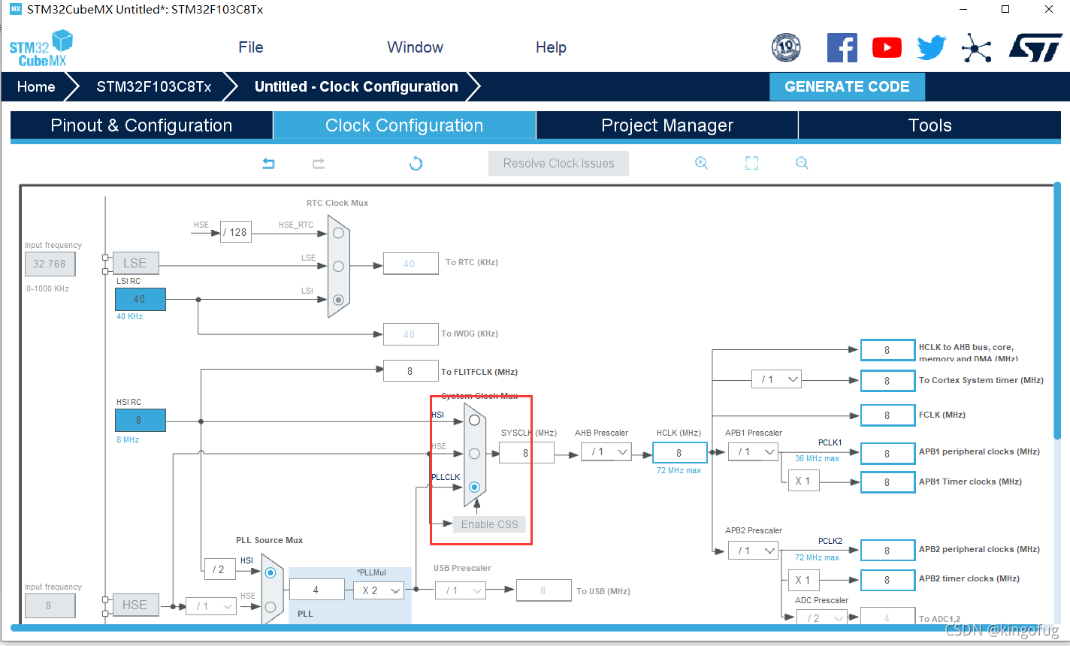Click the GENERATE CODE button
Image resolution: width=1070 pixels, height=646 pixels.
pyautogui.click(x=847, y=86)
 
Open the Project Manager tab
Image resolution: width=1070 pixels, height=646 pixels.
pyautogui.click(x=666, y=125)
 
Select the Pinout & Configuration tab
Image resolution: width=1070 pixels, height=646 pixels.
pyautogui.click(x=141, y=125)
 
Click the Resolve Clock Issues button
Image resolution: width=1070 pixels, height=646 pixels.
pyautogui.click(x=558, y=163)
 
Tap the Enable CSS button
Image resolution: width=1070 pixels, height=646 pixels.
pyautogui.click(x=489, y=524)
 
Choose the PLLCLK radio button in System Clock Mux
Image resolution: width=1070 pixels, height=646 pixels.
pyautogui.click(x=474, y=488)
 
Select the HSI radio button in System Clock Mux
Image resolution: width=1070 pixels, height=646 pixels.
pyautogui.click(x=474, y=420)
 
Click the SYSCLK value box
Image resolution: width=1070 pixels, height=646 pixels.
pyautogui.click(x=526, y=452)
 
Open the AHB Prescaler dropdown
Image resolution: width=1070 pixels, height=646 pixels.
pyautogui.click(x=606, y=451)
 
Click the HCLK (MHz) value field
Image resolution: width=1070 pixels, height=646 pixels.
pyautogui.click(x=679, y=452)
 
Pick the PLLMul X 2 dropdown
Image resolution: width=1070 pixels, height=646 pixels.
pyautogui.click(x=379, y=590)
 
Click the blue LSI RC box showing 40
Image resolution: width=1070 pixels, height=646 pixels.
pyautogui.click(x=140, y=299)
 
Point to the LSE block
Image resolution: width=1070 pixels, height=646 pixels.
pyautogui.click(x=135, y=263)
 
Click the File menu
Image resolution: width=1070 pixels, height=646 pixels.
pyautogui.click(x=251, y=47)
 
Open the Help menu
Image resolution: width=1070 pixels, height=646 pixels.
pyautogui.click(x=551, y=47)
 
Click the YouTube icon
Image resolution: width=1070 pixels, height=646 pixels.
pyautogui.click(x=887, y=48)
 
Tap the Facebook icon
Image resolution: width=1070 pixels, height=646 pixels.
pyautogui.click(x=842, y=48)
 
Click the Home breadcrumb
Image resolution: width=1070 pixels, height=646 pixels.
pyautogui.click(x=36, y=86)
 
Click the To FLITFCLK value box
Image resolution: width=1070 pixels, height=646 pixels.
pyautogui.click(x=410, y=371)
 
